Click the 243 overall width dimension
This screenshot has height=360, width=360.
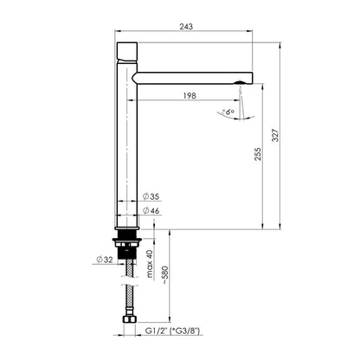click(186, 26)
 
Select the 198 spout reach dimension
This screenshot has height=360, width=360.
click(190, 95)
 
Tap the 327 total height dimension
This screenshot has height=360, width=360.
click(276, 135)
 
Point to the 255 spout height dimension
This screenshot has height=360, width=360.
click(258, 154)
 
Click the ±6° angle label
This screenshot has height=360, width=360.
click(228, 112)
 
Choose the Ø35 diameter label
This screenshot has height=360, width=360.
click(151, 196)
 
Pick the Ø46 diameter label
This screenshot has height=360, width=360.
click(151, 211)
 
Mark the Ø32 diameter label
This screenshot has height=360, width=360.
click(105, 260)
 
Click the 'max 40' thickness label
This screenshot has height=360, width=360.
click(149, 264)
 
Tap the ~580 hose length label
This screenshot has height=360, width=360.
click(165, 275)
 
